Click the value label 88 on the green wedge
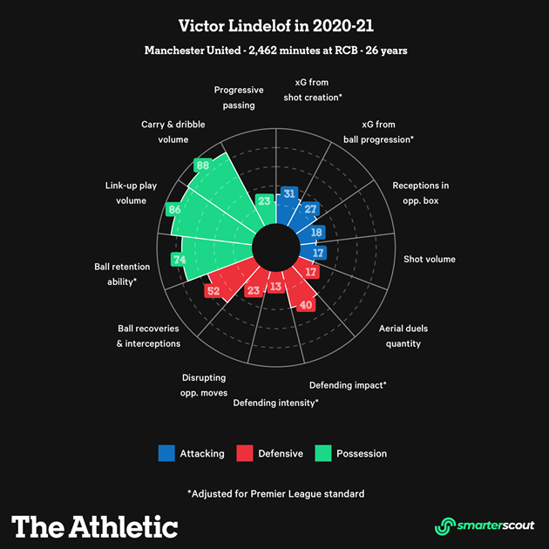tap(203, 166)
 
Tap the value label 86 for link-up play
tap(174, 209)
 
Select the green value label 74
tap(180, 260)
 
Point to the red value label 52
tap(213, 290)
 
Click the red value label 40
tap(306, 305)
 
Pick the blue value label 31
tap(289, 193)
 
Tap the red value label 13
tap(276, 287)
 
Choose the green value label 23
tap(264, 200)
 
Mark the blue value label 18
tap(316, 232)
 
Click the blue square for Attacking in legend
tap(166, 453)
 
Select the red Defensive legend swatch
tap(245, 453)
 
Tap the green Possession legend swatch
tap(323, 453)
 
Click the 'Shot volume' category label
tap(430, 259)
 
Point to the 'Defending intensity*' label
tap(276, 403)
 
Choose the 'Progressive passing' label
tap(239, 98)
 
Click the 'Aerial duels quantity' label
tap(403, 335)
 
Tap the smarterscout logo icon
tap(445, 526)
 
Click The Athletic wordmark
tap(94, 526)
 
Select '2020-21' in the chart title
tap(343, 26)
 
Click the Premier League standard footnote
tap(276, 494)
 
